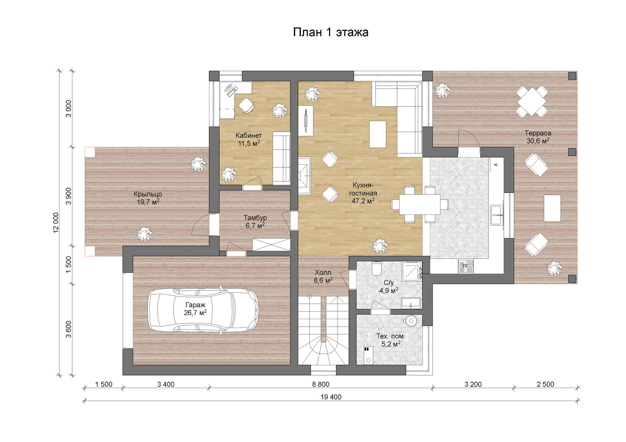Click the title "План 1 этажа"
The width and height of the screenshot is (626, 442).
tap(331, 32)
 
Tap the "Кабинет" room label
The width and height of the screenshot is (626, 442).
tap(249, 136)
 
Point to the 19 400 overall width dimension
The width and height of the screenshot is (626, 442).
tap(331, 397)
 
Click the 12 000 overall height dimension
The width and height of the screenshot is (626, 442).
tap(56, 223)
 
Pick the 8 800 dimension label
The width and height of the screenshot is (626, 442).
tap(320, 385)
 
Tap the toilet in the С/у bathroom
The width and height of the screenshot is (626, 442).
tap(376, 268)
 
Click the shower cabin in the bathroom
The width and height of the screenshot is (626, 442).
tap(412, 271)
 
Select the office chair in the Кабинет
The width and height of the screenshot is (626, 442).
tap(247, 105)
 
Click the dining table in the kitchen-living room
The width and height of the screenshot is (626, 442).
tap(420, 204)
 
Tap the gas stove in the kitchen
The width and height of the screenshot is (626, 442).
tap(466, 266)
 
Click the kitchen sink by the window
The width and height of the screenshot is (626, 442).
tap(497, 215)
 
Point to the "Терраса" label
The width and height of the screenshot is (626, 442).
tap(538, 133)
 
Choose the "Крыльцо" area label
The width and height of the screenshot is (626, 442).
tap(148, 194)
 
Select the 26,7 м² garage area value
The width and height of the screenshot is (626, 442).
tap(195, 313)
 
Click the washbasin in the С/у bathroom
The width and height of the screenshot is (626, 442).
tap(411, 303)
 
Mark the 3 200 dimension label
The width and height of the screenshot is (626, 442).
tap(473, 385)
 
